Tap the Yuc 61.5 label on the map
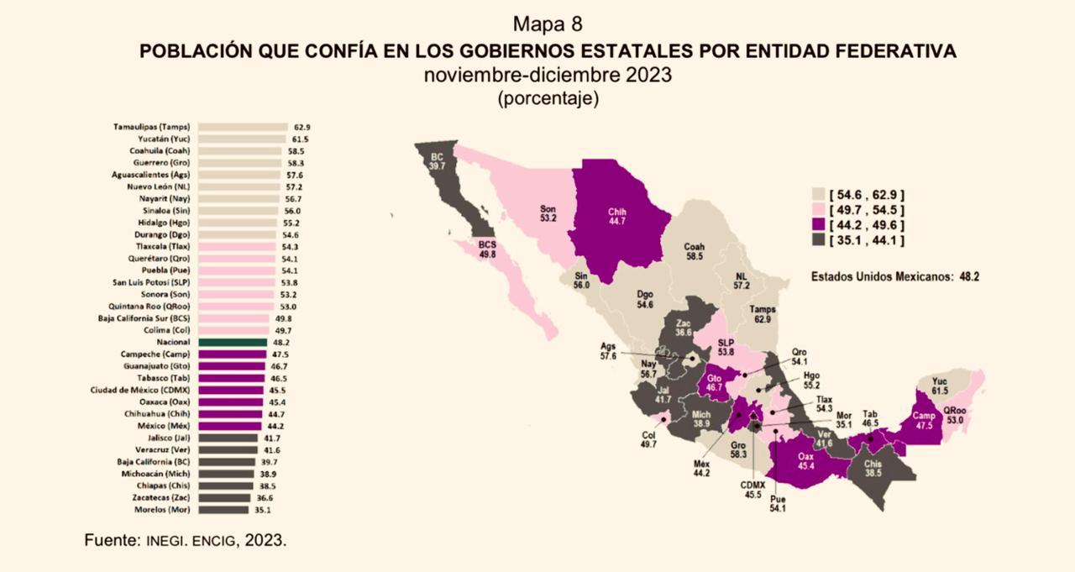[x=939, y=386]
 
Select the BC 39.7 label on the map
[x=438, y=161]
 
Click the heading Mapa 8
[x=547, y=23]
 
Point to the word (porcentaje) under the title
[x=548, y=98]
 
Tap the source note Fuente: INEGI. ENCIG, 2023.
[x=186, y=540]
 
